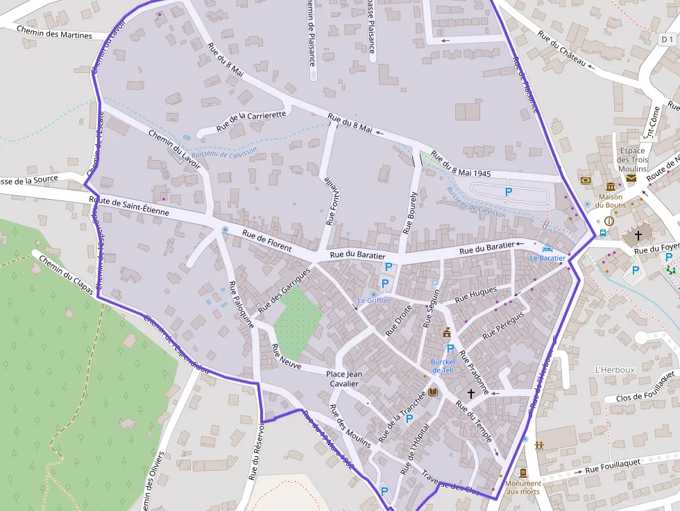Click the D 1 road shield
click(x=668, y=40)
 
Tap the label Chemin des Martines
click(x=53, y=33)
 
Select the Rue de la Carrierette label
click(x=250, y=121)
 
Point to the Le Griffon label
click(x=373, y=300)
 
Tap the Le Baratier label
click(x=548, y=258)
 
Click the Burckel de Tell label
click(x=442, y=365)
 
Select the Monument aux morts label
click(x=523, y=487)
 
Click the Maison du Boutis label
click(x=611, y=200)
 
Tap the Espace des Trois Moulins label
click(x=632, y=159)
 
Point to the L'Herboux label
click(x=615, y=370)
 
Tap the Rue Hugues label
click(x=475, y=295)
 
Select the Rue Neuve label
click(x=286, y=356)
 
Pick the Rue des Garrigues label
click(x=282, y=299)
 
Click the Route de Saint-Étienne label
click(x=129, y=206)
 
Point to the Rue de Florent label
click(x=266, y=240)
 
